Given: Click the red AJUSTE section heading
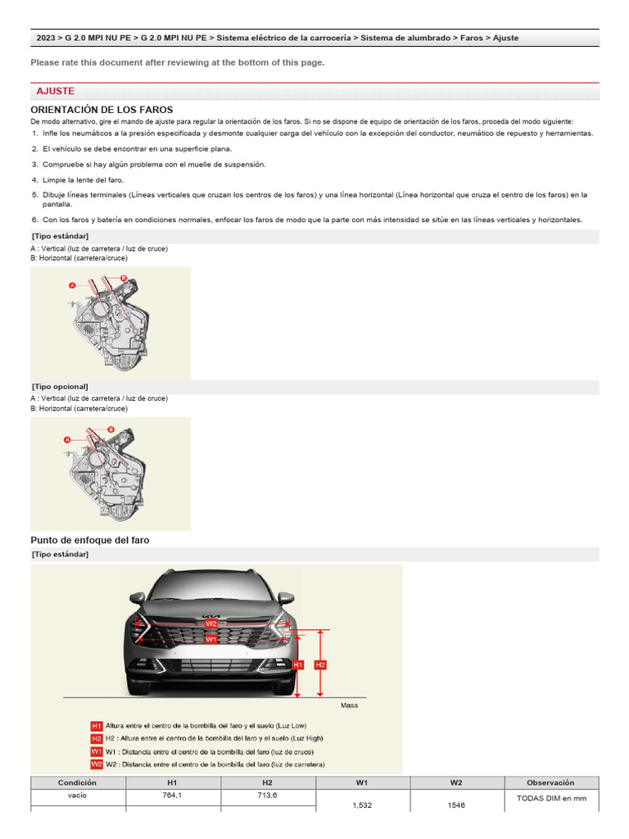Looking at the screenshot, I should pos(56,91).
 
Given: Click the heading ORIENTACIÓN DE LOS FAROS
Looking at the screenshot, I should pos(102,110).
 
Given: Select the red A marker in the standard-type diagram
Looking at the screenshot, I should pos(72,285).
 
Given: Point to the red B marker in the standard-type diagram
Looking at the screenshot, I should pos(124,279).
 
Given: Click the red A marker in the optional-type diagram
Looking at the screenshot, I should pos(68,440).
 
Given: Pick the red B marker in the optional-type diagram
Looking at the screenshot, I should pos(111,429).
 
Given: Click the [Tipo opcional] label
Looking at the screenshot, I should pos(61,386).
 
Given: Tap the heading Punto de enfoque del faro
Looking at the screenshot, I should pos(90,541).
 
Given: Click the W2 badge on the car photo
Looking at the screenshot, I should pos(211,624).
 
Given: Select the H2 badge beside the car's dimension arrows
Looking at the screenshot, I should pos(321,664).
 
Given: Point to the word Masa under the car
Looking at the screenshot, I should pos(349,705).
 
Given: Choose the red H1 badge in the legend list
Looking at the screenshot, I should pos(97,726).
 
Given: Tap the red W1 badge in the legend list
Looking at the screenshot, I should pos(97,751).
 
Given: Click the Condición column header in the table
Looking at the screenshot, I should pos(78,782).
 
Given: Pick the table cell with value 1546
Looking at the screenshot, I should pos(456,805).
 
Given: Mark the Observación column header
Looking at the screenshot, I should pos(550,782).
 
